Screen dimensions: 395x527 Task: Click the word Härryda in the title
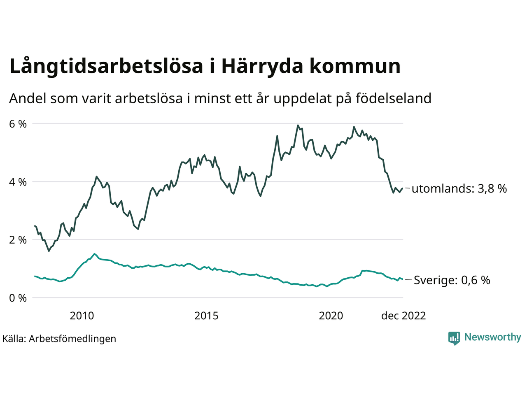pos(262,67)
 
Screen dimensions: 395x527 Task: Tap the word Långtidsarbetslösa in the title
pos(106,67)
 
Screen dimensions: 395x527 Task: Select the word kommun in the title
pos(355,67)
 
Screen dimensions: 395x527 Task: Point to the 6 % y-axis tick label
pos(18,124)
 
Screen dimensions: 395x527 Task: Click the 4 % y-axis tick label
pos(18,182)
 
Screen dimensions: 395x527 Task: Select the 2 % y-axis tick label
pos(18,240)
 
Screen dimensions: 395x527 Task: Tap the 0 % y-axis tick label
pos(18,298)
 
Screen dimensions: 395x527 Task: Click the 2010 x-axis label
pos(82,316)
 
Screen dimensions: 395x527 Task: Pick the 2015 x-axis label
pos(206,316)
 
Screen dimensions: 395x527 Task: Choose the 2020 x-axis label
pos(331,316)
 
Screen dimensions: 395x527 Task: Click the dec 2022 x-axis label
pos(403,316)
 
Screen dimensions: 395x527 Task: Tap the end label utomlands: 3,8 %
pos(459,189)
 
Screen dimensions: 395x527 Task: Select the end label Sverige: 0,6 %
pos(452,280)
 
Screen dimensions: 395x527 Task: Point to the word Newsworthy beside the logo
pos(492,337)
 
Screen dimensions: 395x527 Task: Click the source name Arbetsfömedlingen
pos(72,339)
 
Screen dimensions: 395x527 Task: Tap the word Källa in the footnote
pos(14,339)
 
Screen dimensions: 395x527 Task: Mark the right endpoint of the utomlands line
pos(402,188)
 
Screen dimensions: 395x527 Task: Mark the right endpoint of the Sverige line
pos(402,279)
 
